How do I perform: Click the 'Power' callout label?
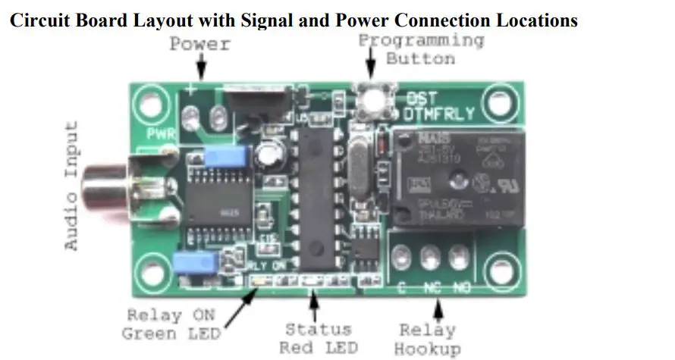pyautogui.click(x=199, y=43)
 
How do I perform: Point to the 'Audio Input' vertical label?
pyautogui.click(x=71, y=185)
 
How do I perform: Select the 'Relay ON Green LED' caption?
pyautogui.click(x=171, y=324)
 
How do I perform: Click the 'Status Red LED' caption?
pyautogui.click(x=318, y=339)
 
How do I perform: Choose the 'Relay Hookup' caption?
pyautogui.click(x=429, y=340)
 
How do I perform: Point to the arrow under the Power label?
pyautogui.click(x=201, y=69)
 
